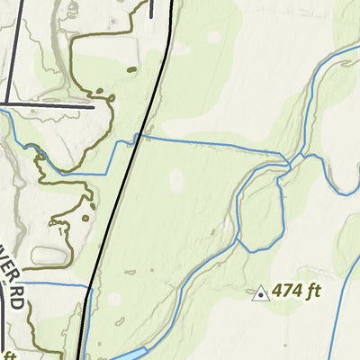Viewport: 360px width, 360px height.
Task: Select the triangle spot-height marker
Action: [x=261, y=292]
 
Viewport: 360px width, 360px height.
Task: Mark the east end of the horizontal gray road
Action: [x=93, y=106]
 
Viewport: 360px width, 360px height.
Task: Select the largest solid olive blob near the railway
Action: [x=131, y=68]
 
